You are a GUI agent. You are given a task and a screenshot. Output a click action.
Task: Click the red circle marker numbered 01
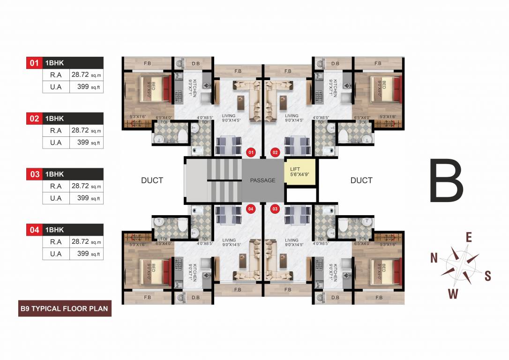coord(251,152)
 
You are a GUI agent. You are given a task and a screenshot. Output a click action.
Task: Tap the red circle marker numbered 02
coord(275,152)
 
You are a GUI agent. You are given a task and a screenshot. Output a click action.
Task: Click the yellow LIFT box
coord(300,172)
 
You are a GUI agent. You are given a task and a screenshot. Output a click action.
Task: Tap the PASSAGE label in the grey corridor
coord(263,180)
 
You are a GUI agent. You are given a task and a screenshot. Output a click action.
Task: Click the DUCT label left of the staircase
coord(152,180)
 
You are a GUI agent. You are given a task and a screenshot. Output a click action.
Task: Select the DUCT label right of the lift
coord(361,180)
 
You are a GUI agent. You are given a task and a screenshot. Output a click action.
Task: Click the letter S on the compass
coord(487,276)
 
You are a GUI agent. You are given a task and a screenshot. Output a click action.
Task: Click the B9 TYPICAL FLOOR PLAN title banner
coord(65,309)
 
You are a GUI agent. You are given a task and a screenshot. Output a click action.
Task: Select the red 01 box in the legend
coord(34,63)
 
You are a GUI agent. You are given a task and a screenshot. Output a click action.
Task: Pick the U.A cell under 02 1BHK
coord(56,142)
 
